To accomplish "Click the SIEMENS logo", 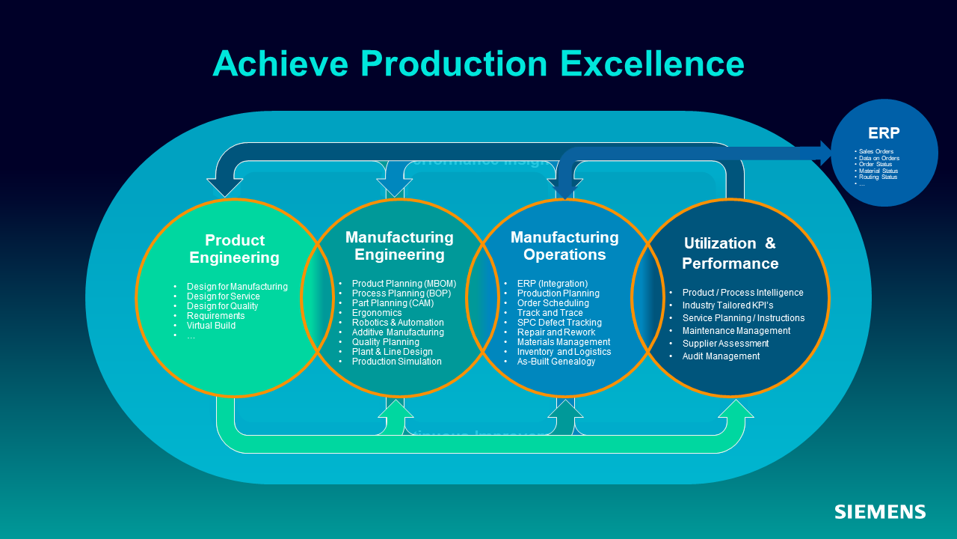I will [x=880, y=512].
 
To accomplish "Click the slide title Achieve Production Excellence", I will [x=478, y=63].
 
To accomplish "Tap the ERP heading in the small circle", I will [x=884, y=133].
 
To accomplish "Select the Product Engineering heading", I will [x=234, y=249].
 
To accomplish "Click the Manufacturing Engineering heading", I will [x=399, y=246].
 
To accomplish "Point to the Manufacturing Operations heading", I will [x=564, y=246].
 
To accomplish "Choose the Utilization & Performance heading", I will [x=730, y=253].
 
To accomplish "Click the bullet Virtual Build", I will [x=211, y=326].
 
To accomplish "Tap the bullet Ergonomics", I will [x=377, y=313].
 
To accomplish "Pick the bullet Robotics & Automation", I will [x=398, y=323].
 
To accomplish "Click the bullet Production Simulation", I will [x=396, y=362].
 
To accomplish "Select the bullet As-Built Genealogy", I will [x=556, y=362].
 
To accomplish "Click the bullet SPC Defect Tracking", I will [x=559, y=323].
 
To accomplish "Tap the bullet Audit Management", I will [x=721, y=356].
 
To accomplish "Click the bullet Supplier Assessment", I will [x=725, y=344].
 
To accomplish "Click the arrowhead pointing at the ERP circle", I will [x=826, y=153].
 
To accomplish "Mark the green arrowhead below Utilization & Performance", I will [x=736, y=409].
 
